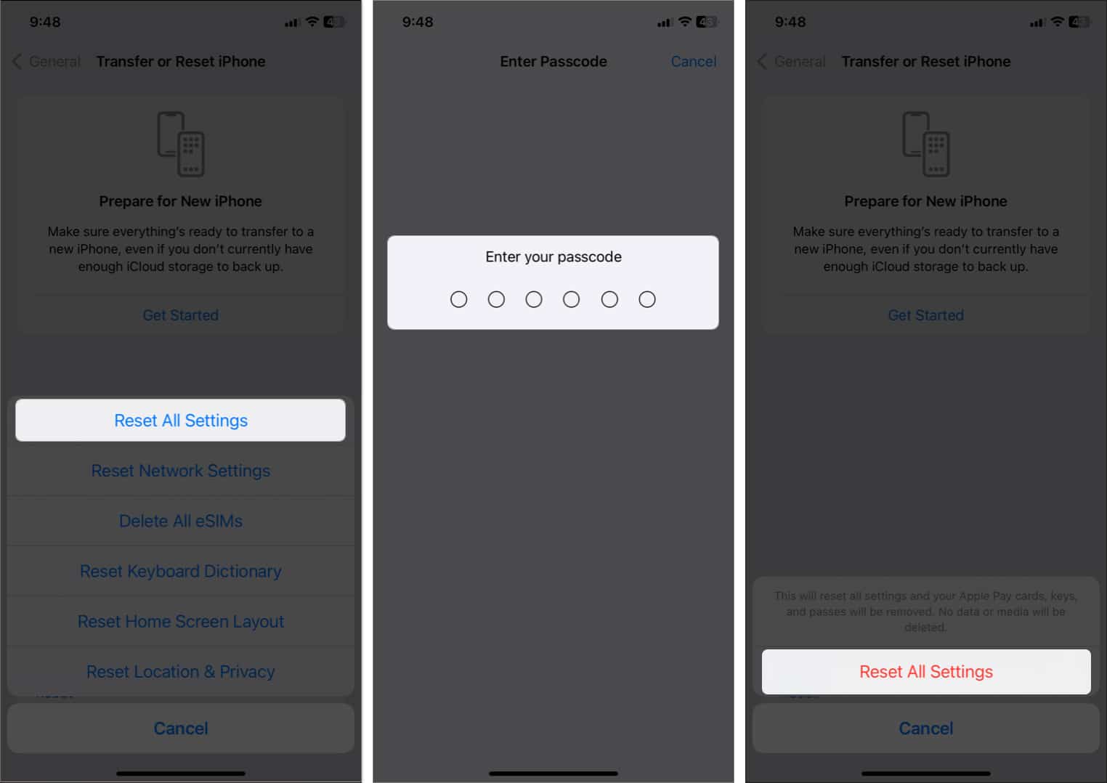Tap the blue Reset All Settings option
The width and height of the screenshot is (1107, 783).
(180, 420)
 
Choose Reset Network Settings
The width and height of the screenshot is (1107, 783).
(180, 471)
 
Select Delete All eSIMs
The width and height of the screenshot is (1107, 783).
(180, 521)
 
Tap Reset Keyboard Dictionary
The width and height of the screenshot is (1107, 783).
(180, 572)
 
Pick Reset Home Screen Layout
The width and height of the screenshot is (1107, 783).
(180, 621)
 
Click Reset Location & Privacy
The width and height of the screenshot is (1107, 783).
(180, 672)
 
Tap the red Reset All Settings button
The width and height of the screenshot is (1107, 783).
(926, 672)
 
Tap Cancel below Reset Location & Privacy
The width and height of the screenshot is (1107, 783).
(180, 728)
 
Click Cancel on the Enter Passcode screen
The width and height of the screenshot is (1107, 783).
(694, 61)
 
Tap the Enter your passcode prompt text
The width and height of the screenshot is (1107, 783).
(553, 257)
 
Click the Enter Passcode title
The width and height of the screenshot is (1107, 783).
(553, 61)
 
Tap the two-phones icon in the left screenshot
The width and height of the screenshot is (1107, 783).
(180, 144)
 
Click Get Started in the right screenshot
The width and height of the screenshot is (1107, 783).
(925, 315)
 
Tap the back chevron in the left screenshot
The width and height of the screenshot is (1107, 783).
(17, 61)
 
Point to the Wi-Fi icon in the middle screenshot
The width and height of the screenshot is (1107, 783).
(684, 21)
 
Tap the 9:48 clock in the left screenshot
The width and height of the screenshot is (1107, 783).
(45, 22)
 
